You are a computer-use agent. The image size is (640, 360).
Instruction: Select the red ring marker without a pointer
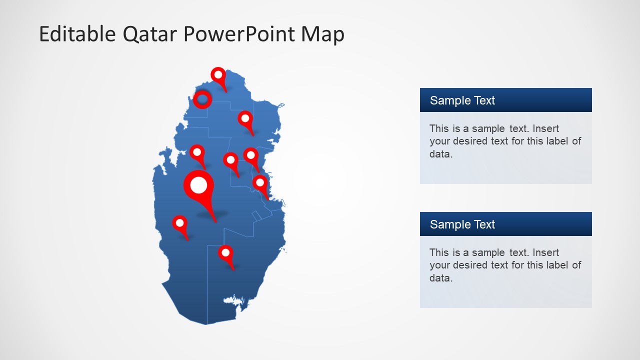(x=202, y=99)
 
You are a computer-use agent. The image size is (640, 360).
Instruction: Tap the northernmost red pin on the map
(x=218, y=75)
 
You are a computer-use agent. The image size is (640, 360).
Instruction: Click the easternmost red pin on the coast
(x=260, y=182)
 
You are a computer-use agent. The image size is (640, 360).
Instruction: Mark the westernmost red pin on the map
(x=180, y=223)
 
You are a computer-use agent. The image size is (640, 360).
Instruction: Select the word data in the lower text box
(x=440, y=278)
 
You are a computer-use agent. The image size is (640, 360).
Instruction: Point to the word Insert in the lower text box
(x=545, y=252)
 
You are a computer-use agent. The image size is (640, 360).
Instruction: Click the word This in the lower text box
(x=439, y=252)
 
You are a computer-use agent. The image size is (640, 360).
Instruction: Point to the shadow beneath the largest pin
(x=212, y=214)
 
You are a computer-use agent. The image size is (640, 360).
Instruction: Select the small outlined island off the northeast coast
(x=280, y=105)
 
